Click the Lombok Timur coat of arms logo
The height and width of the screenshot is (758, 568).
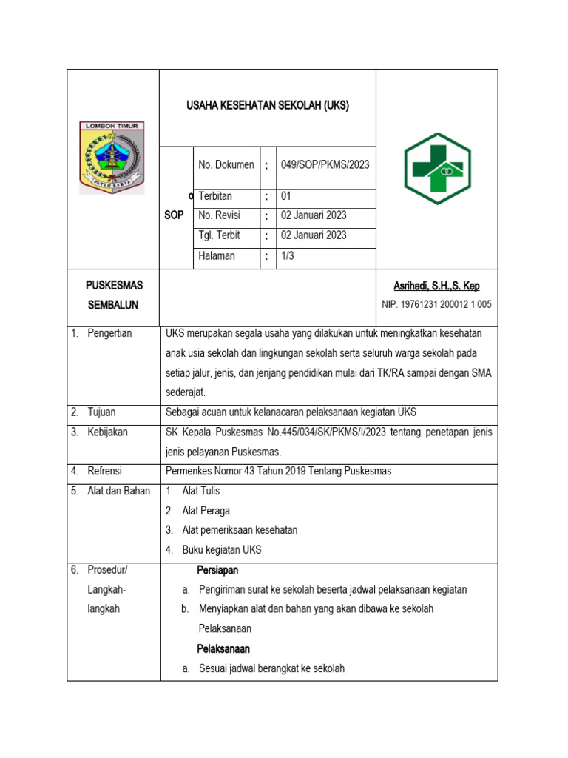112,158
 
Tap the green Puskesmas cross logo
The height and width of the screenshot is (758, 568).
437,169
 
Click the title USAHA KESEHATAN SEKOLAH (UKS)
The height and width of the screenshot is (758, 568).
267,106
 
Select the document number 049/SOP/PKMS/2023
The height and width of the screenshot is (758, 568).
325,165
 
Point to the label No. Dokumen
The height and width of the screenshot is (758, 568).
226,165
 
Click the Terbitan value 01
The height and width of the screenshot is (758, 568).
287,196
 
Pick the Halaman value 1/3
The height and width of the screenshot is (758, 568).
288,256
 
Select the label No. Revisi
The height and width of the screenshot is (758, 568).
223,216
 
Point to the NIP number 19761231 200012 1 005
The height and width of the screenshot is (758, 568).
436,304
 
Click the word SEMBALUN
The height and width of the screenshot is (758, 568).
113,305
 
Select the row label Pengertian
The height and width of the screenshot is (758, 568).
109,333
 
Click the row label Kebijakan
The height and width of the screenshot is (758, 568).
108,432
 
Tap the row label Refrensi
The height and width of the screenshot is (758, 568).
105,472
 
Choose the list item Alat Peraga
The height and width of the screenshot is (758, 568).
206,511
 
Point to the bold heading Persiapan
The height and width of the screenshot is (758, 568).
217,571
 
